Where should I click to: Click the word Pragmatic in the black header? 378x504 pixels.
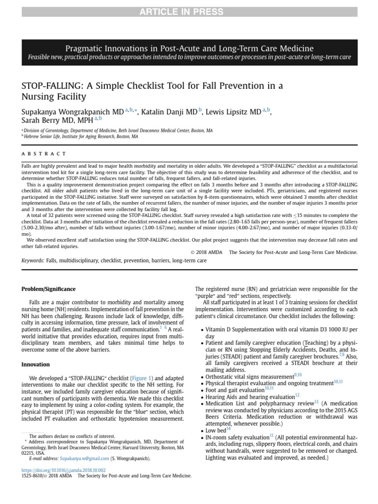pos(83,48)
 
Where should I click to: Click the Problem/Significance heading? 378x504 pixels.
pos(48,288)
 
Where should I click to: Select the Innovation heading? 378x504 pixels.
pos(35,365)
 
